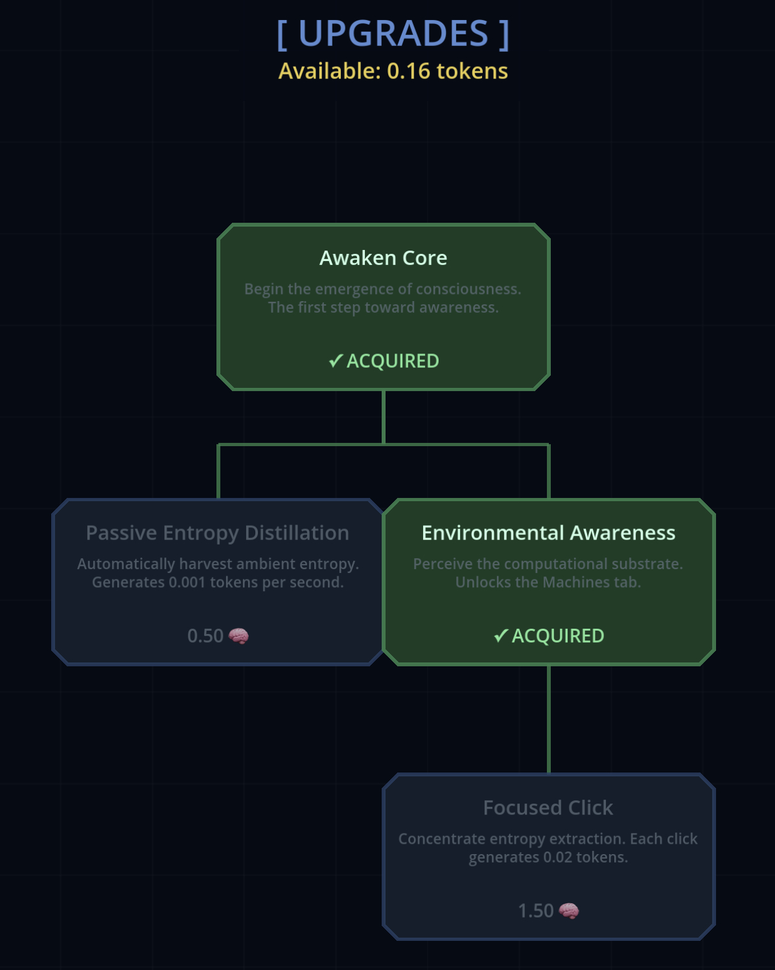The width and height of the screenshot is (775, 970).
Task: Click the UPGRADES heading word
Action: point(393,34)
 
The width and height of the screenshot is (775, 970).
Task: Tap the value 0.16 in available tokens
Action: point(408,71)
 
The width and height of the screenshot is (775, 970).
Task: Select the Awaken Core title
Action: point(383,258)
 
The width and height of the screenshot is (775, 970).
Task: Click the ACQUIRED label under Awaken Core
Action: point(393,361)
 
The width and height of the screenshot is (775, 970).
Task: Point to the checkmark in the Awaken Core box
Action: point(335,361)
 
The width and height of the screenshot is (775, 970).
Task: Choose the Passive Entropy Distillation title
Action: point(218,533)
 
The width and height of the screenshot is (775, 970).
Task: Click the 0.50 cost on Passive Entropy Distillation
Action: point(205,636)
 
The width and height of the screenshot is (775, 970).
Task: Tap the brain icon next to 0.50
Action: point(238,636)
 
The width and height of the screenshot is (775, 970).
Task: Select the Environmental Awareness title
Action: point(548,533)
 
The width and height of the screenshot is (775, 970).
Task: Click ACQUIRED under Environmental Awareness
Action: point(558,636)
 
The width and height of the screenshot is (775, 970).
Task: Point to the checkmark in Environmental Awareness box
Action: point(500,636)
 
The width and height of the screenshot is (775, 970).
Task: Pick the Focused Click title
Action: point(548,807)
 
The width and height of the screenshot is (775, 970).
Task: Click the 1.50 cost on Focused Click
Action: point(535,911)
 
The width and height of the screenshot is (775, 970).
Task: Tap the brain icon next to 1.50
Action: point(569,911)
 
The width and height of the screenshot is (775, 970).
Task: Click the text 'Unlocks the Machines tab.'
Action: point(548,582)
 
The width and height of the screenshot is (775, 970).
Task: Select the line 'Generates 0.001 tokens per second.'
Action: point(218,582)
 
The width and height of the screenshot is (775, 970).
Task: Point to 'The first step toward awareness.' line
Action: point(383,308)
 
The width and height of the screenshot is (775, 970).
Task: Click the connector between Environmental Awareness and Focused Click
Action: point(549,719)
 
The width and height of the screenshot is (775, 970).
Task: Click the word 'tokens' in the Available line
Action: point(472,71)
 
